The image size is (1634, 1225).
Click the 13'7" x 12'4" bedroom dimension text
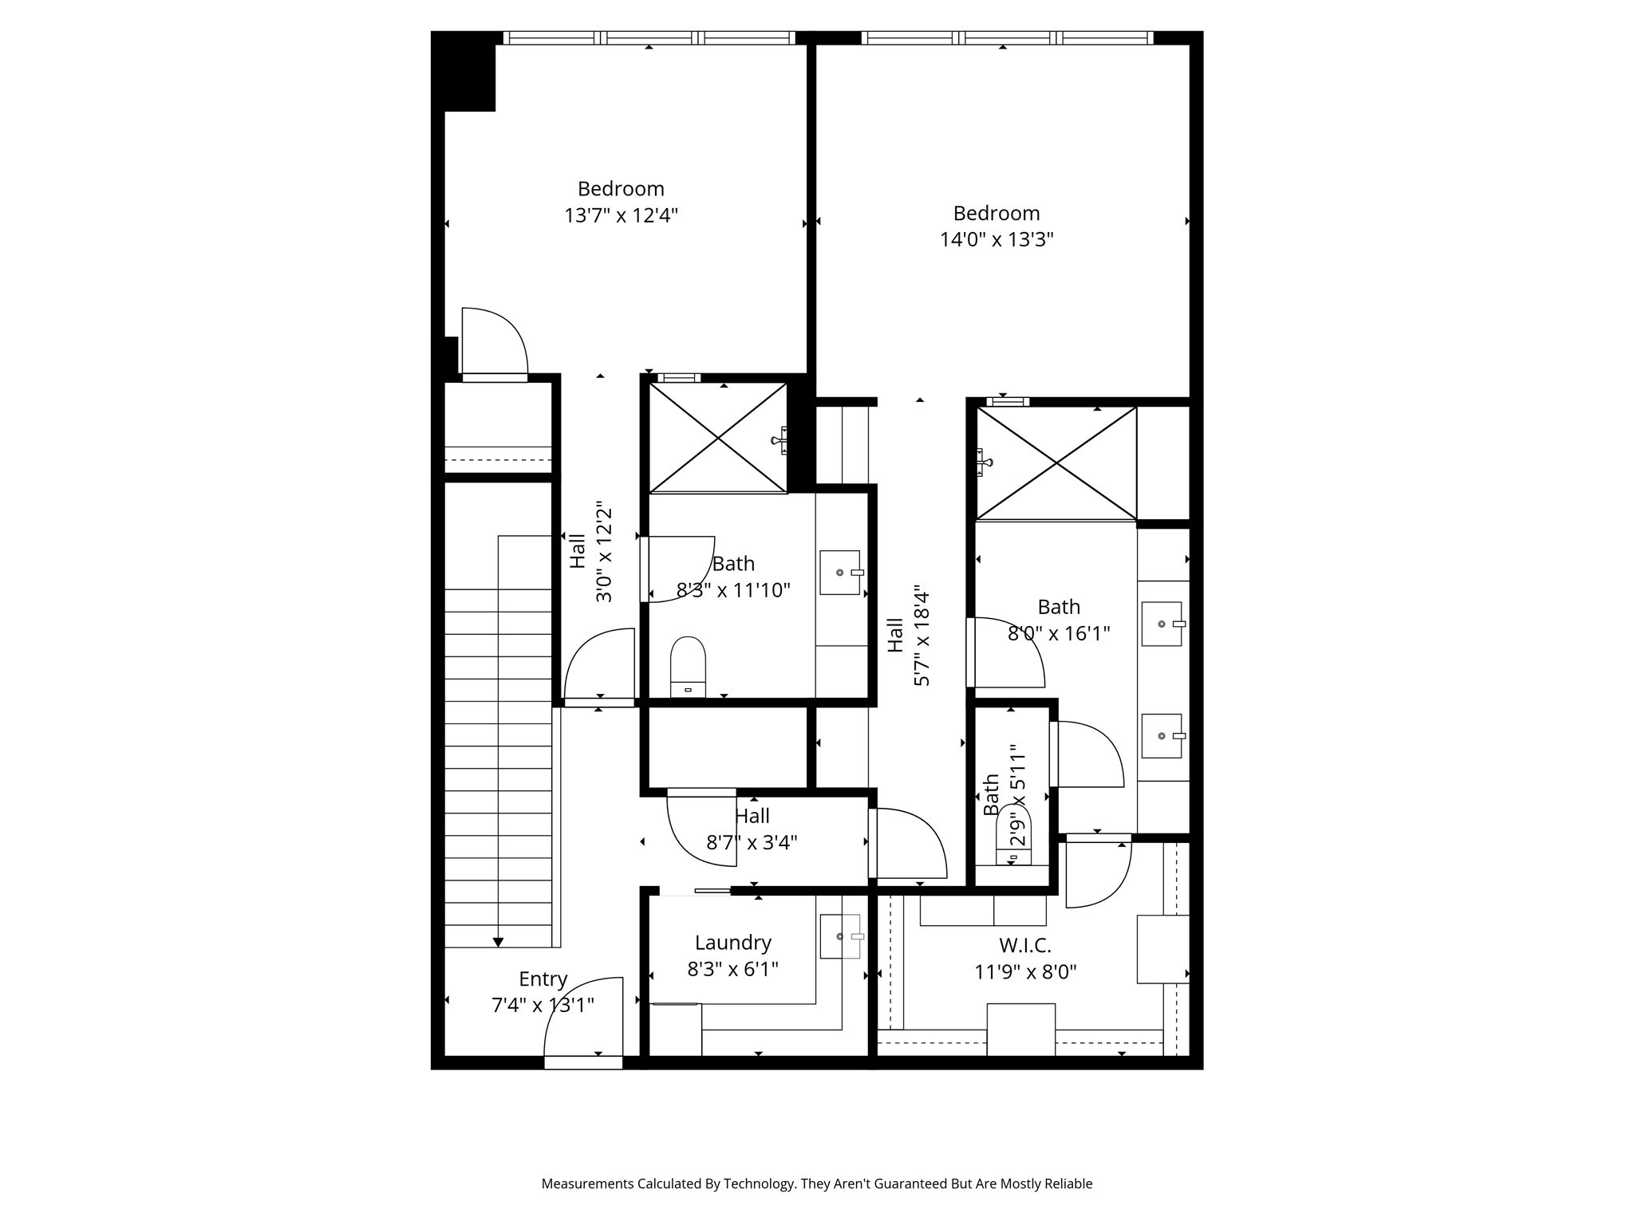tap(621, 215)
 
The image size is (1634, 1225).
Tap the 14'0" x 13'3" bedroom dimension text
tap(997, 240)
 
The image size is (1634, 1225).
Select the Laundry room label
tap(732, 943)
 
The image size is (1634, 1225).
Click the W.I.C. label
tap(1025, 946)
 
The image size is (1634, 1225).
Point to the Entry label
tap(543, 979)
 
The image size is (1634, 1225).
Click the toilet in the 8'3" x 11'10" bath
tap(688, 666)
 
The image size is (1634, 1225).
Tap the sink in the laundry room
tap(841, 936)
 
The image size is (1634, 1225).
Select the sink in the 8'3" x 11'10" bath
tap(841, 573)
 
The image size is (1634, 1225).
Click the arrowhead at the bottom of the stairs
tap(498, 943)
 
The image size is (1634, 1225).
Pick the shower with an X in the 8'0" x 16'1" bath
tap(1056, 463)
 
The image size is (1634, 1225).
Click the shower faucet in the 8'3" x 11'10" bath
tap(780, 439)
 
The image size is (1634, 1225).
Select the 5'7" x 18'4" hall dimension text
tap(922, 638)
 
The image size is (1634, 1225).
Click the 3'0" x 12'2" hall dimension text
tap(603, 553)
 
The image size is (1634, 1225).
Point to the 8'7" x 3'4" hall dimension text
tap(752, 842)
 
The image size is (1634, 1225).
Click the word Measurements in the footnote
tap(587, 1184)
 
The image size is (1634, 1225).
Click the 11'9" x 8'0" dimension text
tap(1025, 972)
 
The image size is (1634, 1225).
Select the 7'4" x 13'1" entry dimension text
tap(543, 1006)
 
